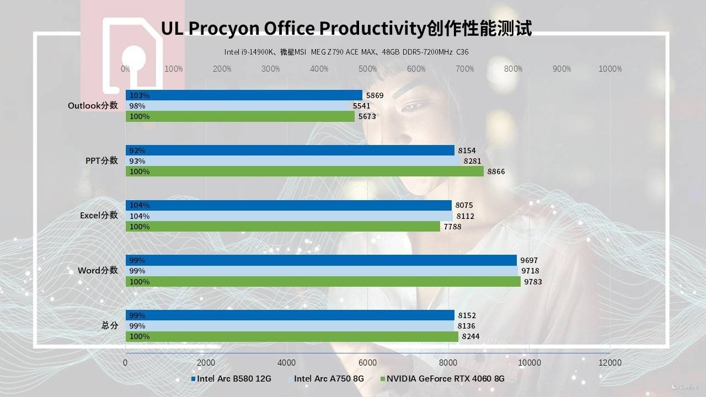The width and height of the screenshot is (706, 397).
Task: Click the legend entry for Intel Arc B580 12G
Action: (x=234, y=379)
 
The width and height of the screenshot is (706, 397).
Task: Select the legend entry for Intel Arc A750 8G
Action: (x=329, y=379)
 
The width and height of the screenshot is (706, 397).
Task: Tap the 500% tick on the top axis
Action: (x=368, y=69)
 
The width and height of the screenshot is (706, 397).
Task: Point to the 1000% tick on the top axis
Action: (x=610, y=69)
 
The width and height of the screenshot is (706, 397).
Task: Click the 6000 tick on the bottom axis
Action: (x=367, y=362)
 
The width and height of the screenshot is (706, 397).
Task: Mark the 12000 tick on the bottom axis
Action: (x=609, y=362)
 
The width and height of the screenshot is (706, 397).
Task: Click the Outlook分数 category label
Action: (x=93, y=105)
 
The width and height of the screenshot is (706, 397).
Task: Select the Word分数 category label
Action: (x=98, y=270)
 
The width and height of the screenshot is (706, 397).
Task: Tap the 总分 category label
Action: (x=110, y=325)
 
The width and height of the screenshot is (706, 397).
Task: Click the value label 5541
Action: (x=361, y=106)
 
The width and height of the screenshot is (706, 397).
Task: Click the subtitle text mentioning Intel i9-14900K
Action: (x=346, y=52)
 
